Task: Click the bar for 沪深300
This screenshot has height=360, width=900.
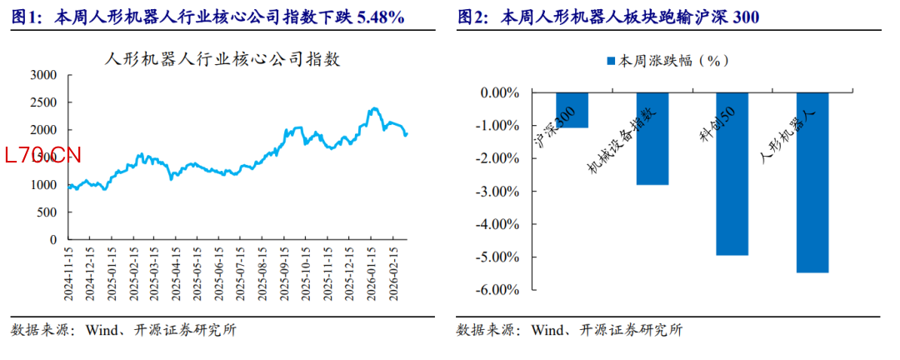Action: tap(572, 110)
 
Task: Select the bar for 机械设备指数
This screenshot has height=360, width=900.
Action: tap(652, 138)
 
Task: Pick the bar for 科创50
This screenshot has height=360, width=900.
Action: tap(732, 173)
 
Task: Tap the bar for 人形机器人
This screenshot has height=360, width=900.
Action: tap(812, 182)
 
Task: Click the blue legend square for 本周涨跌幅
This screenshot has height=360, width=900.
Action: tap(610, 61)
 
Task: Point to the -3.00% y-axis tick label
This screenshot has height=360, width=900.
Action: tap(499, 192)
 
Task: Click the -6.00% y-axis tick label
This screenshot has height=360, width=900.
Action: tap(499, 290)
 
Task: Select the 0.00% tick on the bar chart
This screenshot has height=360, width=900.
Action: tap(501, 93)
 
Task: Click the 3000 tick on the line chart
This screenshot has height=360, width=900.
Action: tap(42, 75)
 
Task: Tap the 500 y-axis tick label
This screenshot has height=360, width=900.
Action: tap(47, 212)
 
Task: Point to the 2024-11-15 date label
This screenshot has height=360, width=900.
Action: tap(69, 272)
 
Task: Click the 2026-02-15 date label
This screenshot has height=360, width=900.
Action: tap(397, 272)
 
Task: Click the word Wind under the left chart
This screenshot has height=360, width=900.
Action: tap(100, 329)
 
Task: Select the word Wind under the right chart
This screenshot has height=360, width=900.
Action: tap(546, 329)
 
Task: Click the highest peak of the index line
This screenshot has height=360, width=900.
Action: tap(373, 108)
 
